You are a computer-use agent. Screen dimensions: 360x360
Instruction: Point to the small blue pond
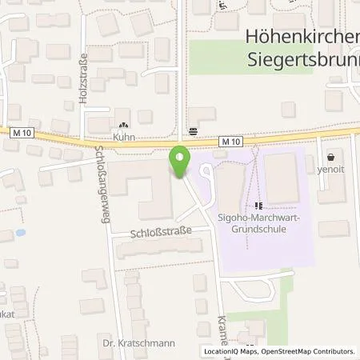21,233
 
